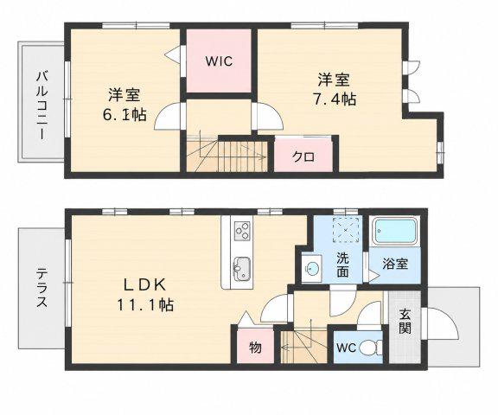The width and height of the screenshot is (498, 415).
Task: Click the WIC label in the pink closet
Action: pos(219,61)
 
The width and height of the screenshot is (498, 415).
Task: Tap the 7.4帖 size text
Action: pos(335,99)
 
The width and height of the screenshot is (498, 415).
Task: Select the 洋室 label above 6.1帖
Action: pos(124,95)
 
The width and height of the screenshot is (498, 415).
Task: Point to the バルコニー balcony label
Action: pos(42,105)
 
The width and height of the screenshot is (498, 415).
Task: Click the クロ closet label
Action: pos(303,156)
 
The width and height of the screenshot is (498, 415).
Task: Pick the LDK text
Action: pos(145,285)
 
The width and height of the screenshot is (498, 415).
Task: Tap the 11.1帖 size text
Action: pos(145,305)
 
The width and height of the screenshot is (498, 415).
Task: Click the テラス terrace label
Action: pos(41,288)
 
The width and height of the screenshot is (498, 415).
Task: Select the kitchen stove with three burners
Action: pos(242,231)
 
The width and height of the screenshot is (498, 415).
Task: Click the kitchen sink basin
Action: pos(242,269)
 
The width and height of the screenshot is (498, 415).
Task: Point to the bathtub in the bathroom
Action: pos(395,231)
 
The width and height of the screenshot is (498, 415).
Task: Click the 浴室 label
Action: pos(395,264)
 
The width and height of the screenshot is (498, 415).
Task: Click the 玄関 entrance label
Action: pos(405,321)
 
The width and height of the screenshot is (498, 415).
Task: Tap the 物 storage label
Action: pos(255,348)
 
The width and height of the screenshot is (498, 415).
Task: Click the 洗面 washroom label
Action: pos(342,265)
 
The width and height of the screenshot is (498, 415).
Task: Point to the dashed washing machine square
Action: pos(347,230)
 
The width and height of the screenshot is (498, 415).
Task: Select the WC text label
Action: pos(346,348)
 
